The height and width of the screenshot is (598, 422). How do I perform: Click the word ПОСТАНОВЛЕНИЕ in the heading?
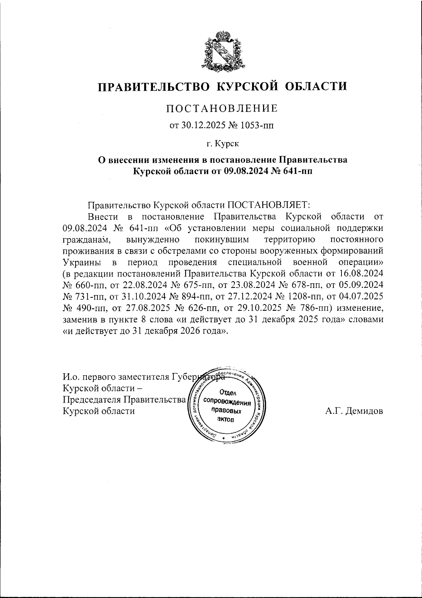point(222,108)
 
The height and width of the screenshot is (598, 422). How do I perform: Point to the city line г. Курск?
point(222,143)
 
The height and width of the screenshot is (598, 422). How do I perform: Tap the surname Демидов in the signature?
point(364,411)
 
